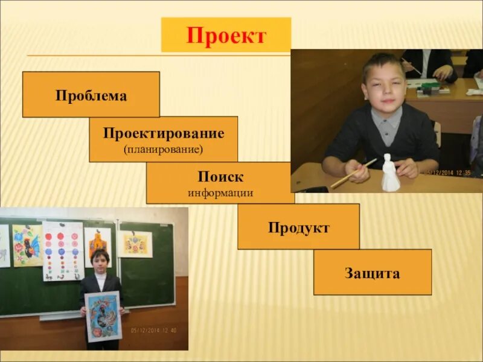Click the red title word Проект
click(x=226, y=36)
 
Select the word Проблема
click(x=91, y=96)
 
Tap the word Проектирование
click(x=163, y=133)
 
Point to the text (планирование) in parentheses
click(x=163, y=148)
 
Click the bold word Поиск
click(x=220, y=177)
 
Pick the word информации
click(x=220, y=193)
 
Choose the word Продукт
click(x=298, y=228)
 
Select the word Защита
click(x=372, y=273)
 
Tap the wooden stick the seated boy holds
click(x=353, y=173)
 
